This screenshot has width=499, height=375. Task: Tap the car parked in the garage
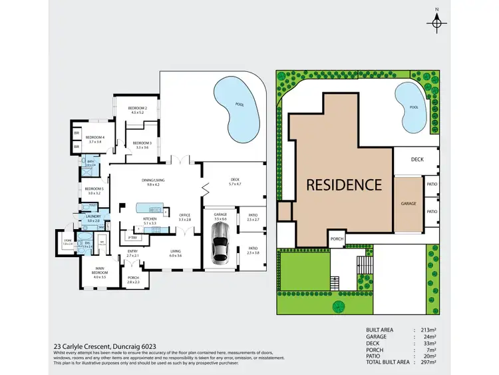(x=220, y=245)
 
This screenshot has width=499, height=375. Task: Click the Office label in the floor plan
(x=185, y=215)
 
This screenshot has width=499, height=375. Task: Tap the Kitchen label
(x=150, y=219)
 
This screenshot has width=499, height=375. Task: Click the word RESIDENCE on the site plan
(x=343, y=185)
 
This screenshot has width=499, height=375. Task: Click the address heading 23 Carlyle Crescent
(x=104, y=346)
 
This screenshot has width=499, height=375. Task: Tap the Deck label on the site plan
(x=417, y=159)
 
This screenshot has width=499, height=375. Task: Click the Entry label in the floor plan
(x=132, y=251)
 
